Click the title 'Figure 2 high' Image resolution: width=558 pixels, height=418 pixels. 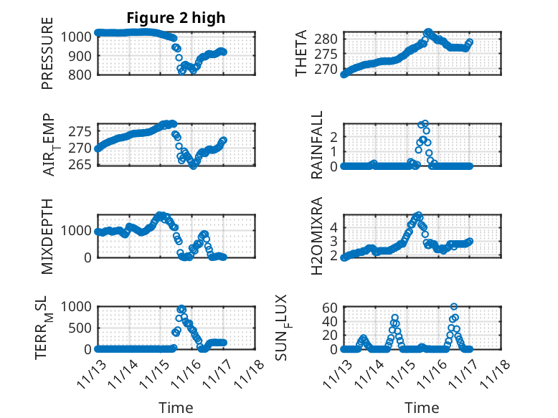coord(176,18)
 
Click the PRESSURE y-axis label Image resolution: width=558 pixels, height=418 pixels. coord(47,58)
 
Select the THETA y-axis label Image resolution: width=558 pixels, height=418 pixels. coord(301,54)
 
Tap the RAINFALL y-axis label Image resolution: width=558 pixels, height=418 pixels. coord(316,145)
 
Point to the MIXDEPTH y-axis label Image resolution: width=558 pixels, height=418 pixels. coord(47,236)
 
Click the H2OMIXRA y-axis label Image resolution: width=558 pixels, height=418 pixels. coord(316,236)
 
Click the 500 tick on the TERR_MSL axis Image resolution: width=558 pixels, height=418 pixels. coord(81,328)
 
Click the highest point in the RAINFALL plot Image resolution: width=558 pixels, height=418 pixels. coord(424,124)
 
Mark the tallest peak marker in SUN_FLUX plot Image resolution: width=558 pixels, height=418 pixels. coord(454,307)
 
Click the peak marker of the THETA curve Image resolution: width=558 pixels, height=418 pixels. coord(428,32)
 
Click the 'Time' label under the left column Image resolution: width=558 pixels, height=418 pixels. coord(176,408)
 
